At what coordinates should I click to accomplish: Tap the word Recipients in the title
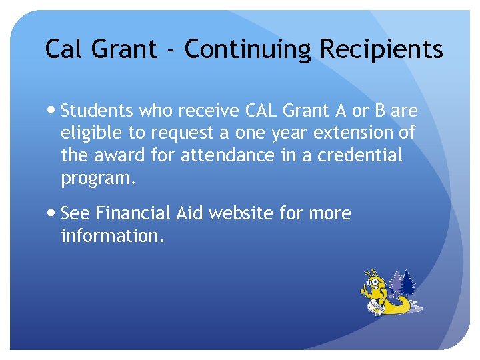point(381,49)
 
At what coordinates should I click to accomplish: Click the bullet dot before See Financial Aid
point(53,213)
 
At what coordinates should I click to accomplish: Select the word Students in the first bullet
point(97,110)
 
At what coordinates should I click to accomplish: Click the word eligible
point(89,133)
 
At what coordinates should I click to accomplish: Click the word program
point(97,179)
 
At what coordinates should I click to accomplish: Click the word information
point(111,236)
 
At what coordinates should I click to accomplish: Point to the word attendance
point(227,155)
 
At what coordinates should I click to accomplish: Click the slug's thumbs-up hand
point(365,291)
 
